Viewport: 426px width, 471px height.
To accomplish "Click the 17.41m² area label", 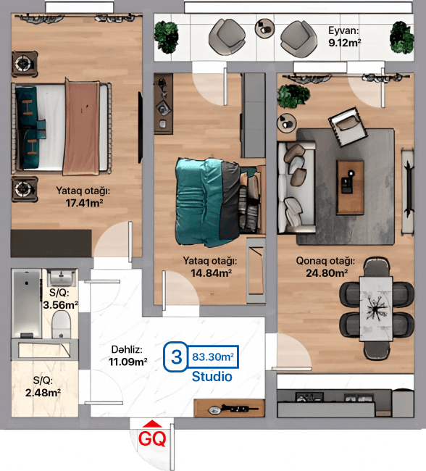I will click(x=83, y=204).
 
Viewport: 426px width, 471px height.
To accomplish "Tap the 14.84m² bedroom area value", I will click(x=211, y=273).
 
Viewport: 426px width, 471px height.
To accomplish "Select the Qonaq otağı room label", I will click(x=325, y=262).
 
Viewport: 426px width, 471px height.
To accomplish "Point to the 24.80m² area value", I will click(x=325, y=273).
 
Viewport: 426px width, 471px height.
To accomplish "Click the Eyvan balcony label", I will click(x=344, y=31).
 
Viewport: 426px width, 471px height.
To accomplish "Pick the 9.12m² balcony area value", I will click(x=345, y=43).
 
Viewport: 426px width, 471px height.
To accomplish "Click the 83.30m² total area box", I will click(x=213, y=357).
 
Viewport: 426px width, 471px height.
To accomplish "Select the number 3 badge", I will click(x=175, y=357).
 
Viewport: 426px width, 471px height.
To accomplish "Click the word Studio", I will click(x=212, y=377).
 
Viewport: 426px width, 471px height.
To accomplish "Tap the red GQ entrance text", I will click(x=152, y=438).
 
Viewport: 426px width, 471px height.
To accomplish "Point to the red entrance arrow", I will click(x=152, y=425).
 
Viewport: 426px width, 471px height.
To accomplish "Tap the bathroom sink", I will click(x=62, y=278).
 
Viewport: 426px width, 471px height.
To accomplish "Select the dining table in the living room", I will click(x=377, y=308).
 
